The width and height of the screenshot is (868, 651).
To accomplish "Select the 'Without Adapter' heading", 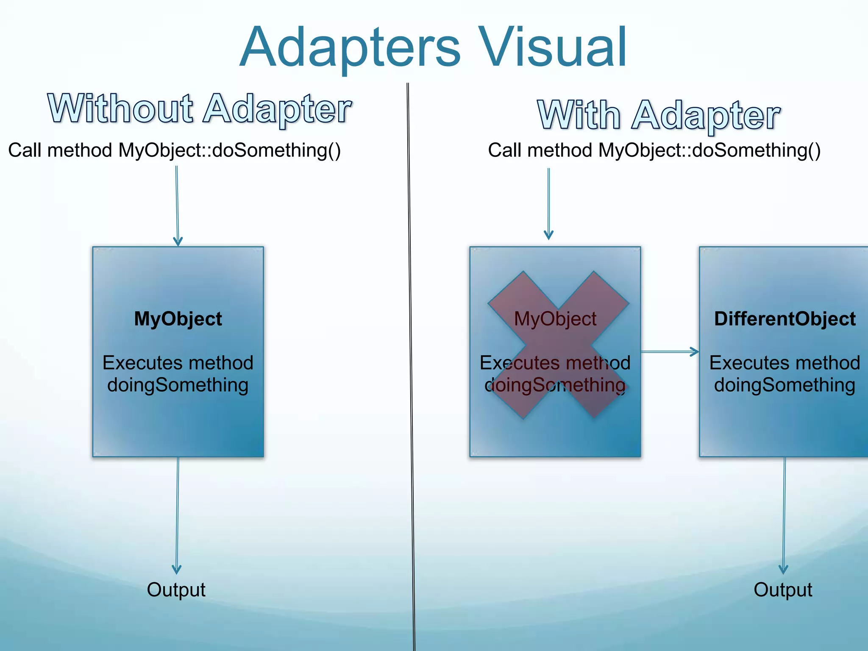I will pos(200,109).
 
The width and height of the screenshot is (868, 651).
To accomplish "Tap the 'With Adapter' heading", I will pos(659,115).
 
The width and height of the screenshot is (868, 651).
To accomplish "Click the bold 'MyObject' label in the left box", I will pos(178,319).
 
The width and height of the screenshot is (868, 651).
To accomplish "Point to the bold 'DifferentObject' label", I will pos(785,319).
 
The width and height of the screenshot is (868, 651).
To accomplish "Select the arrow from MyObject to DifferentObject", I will pos(670,351).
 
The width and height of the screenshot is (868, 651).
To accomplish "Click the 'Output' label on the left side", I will pos(176,590).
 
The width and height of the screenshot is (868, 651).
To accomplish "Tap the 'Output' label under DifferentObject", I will pos(783,590).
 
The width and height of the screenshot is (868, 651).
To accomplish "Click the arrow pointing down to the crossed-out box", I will pos(548,203).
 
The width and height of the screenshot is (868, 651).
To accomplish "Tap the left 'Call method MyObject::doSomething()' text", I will pos(174,150).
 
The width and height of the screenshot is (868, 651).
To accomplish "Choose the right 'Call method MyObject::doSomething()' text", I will pos(654,150).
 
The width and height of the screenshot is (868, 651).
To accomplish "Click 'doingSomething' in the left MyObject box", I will pos(178,385).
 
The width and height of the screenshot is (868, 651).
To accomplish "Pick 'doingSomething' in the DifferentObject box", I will pos(785,385).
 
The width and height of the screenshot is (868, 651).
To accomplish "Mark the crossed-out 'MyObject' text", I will pos(555,319).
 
